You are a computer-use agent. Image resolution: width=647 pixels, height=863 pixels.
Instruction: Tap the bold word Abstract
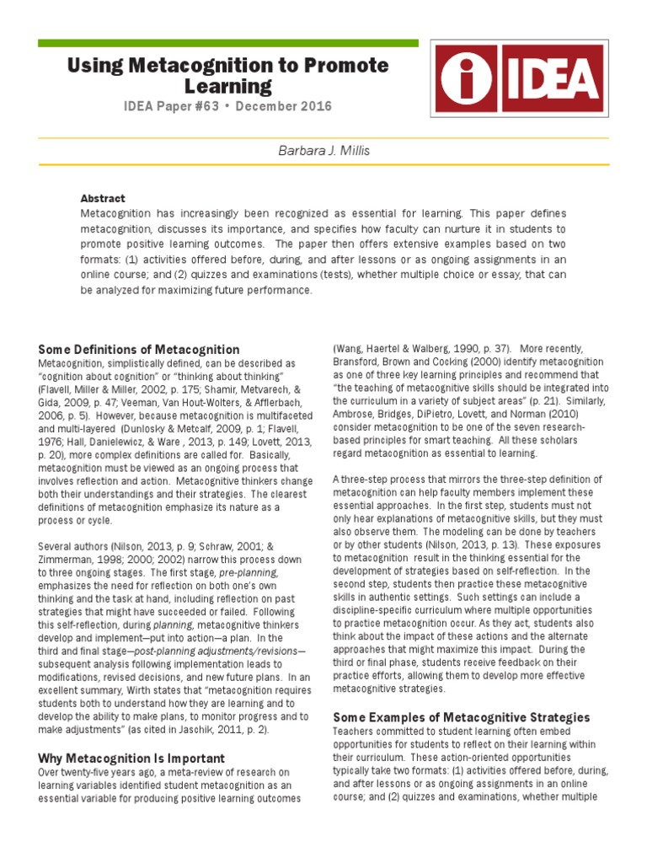pos(103,199)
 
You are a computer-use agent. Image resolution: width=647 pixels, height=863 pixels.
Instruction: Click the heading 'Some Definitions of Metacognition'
pos(139,349)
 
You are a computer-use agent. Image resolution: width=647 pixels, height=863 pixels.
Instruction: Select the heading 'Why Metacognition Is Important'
pos(131,758)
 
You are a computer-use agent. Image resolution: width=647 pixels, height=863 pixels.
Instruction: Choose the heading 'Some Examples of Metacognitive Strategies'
pos(462,717)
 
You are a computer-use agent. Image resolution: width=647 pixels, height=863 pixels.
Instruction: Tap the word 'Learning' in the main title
pos(229,86)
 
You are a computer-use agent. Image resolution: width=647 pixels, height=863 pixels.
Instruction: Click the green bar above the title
pos(228,42)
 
